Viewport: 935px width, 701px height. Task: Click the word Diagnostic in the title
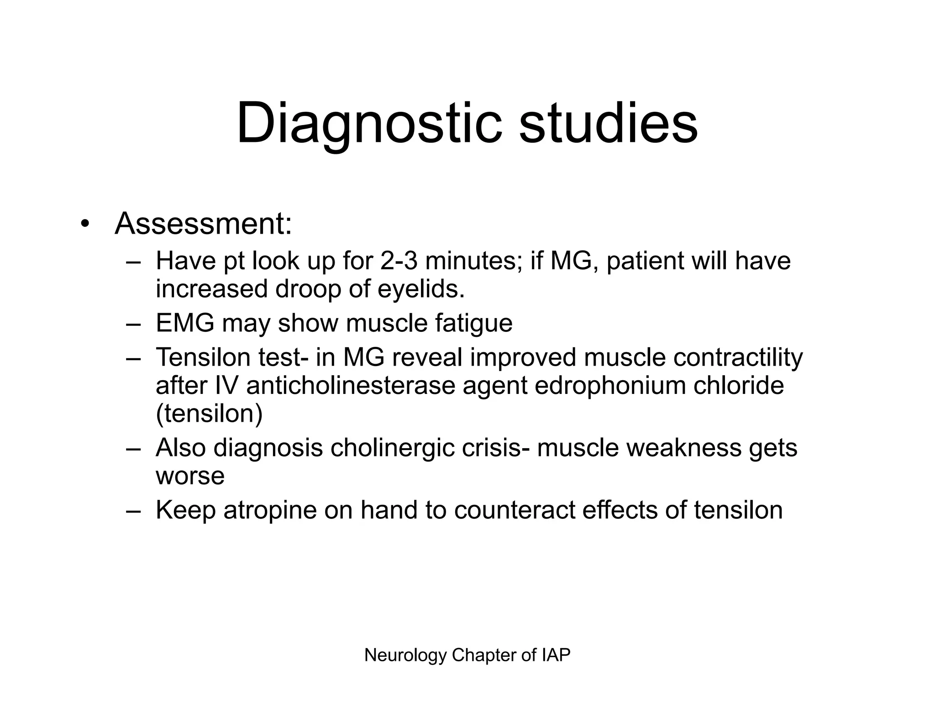tap(369, 124)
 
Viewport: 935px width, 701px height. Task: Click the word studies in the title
tap(608, 124)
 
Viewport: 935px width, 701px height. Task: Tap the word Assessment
tap(203, 224)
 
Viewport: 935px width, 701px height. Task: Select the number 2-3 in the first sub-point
tap(399, 261)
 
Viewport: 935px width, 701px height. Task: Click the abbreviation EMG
tap(185, 323)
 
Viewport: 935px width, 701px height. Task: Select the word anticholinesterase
tap(351, 386)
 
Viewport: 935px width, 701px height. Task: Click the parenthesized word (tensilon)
tap(209, 414)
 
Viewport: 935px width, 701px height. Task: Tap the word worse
tap(190, 476)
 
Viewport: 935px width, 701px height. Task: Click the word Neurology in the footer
tap(405, 655)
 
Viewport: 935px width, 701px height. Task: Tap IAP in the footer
tap(556, 655)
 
